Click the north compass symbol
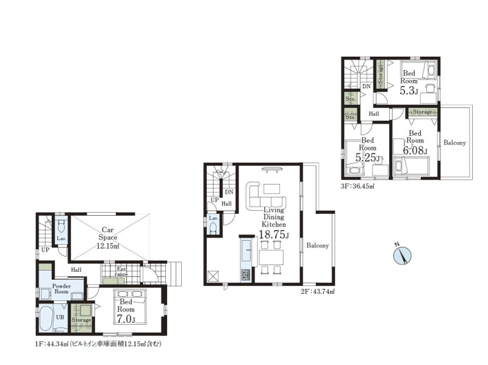(x=402, y=255)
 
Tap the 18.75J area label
(x=274, y=235)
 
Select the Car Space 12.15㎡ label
(x=108, y=238)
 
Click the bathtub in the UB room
(x=46, y=319)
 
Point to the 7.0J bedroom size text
(x=126, y=319)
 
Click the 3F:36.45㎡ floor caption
(x=357, y=186)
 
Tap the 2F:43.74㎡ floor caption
(x=317, y=292)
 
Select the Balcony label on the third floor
(x=454, y=143)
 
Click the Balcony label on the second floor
(x=317, y=246)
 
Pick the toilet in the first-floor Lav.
(x=62, y=226)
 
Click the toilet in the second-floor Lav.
(x=213, y=229)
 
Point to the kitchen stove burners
(x=245, y=275)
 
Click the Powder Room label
(x=62, y=289)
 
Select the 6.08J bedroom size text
(x=415, y=151)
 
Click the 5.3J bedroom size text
(x=409, y=91)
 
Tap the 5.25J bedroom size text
(x=368, y=158)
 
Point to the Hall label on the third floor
(x=374, y=114)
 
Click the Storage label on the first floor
(x=81, y=320)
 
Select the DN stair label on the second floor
(x=229, y=192)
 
